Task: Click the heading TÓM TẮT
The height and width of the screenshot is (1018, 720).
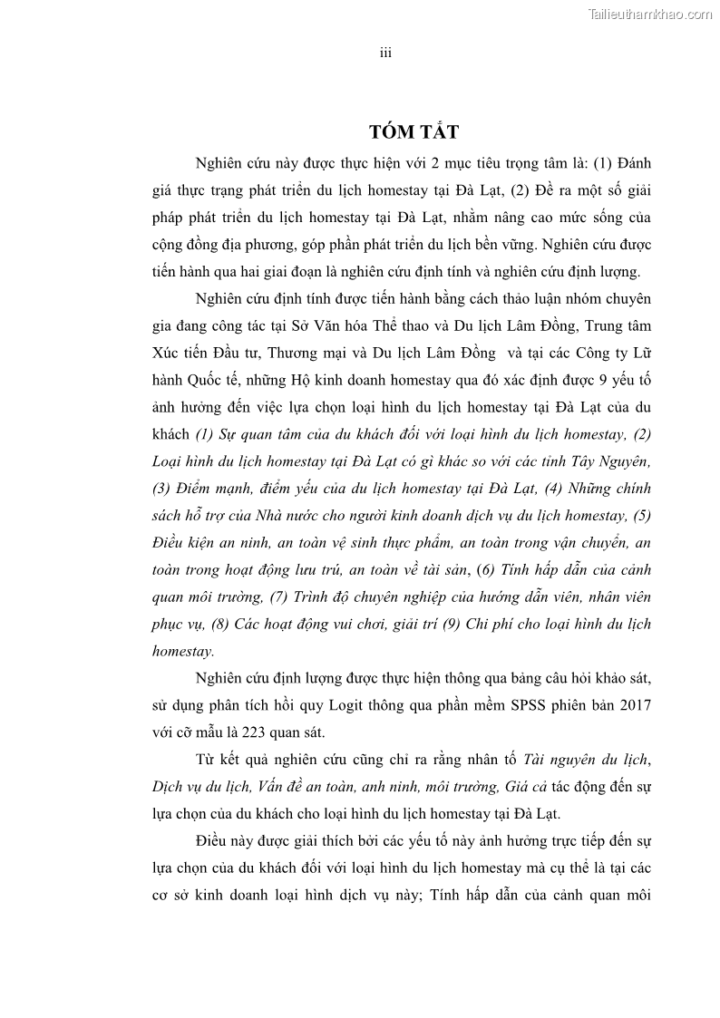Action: (x=414, y=132)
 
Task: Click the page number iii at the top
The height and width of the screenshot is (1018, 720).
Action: (x=385, y=53)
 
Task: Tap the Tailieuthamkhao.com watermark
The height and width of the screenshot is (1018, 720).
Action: (x=650, y=14)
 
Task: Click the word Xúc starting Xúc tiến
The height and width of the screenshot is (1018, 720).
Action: (x=167, y=352)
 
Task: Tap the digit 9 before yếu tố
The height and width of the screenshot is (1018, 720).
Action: (x=597, y=379)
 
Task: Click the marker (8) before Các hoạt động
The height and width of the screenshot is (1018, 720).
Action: (x=218, y=625)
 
